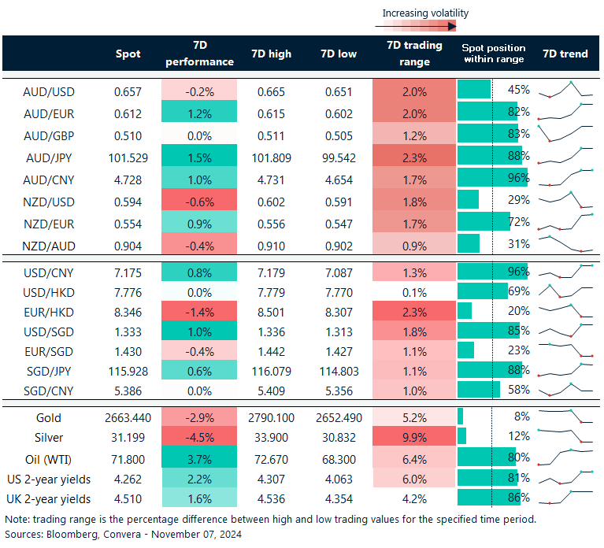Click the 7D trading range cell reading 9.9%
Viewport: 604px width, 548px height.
(x=414, y=438)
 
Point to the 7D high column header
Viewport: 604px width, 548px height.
(x=271, y=54)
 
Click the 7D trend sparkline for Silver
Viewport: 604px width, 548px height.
(x=565, y=435)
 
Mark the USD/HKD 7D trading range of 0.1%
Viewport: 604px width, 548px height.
(x=414, y=292)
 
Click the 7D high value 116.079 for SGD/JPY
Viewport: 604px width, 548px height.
(x=271, y=368)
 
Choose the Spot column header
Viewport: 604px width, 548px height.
(x=128, y=54)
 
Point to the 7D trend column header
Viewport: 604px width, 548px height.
(x=565, y=54)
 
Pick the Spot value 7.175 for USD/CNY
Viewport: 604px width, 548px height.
(x=128, y=272)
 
